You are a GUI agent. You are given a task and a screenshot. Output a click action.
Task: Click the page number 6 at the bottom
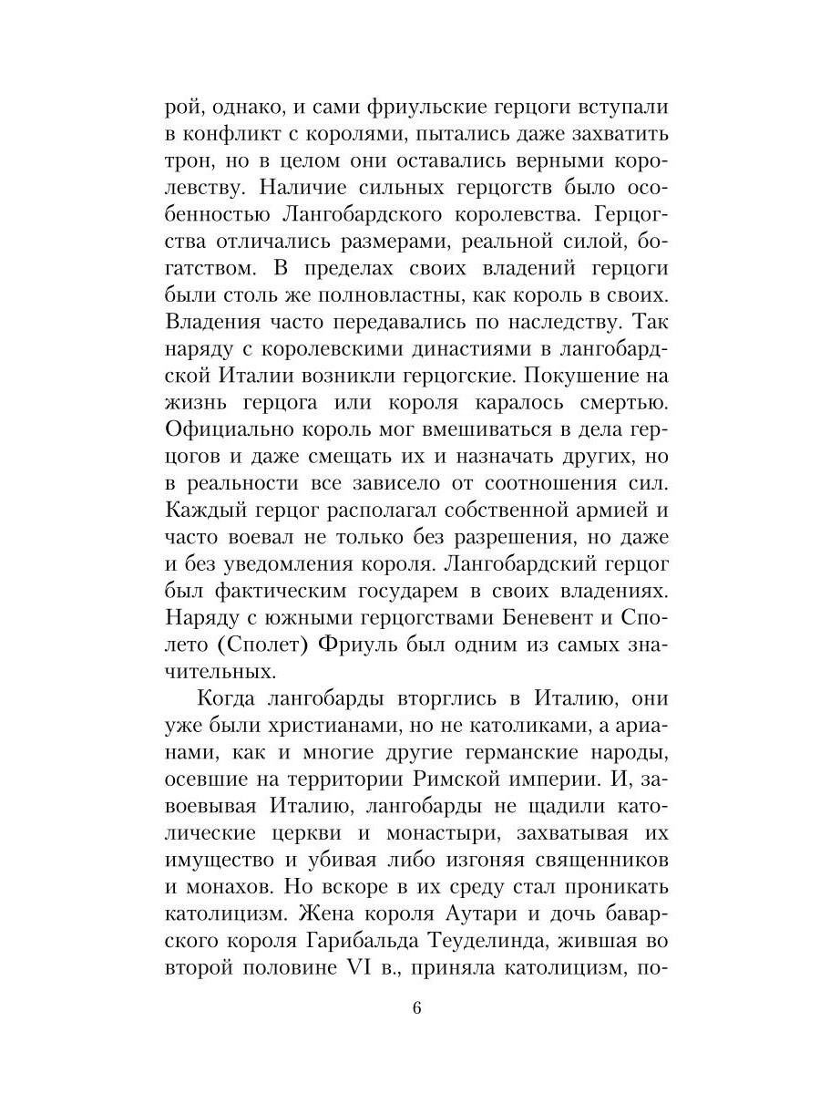[416, 1008]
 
